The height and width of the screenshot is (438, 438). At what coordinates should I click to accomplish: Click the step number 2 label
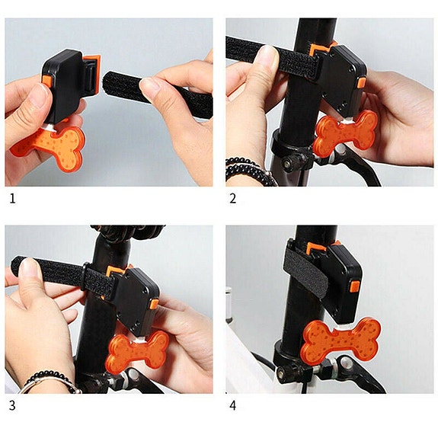pyautogui.click(x=232, y=199)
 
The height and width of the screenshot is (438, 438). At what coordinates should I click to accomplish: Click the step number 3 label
pyautogui.click(x=11, y=405)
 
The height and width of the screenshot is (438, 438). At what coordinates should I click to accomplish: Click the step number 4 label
pyautogui.click(x=232, y=405)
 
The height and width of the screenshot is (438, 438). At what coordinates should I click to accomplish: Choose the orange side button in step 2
pyautogui.click(x=361, y=79)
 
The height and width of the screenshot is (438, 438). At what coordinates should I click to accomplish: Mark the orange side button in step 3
pyautogui.click(x=153, y=305)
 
